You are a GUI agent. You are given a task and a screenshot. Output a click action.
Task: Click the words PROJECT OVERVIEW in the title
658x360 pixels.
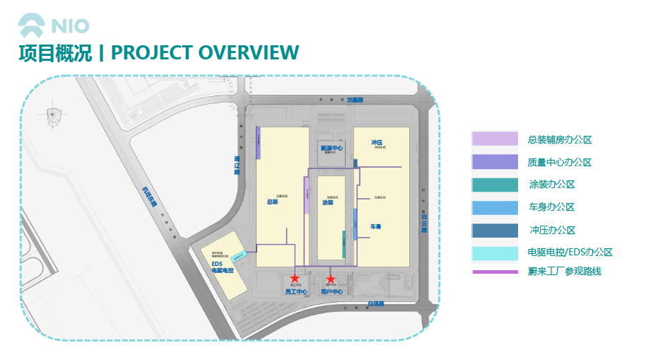[x=205, y=53]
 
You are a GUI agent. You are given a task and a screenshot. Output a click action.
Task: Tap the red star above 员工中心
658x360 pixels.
[x=295, y=279]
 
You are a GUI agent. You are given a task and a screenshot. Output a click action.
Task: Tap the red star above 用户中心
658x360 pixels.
[x=330, y=279]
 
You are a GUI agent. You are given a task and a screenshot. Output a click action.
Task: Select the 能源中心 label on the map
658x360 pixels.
[x=331, y=149]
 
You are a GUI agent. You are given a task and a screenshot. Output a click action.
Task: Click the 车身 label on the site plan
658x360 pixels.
[x=376, y=227]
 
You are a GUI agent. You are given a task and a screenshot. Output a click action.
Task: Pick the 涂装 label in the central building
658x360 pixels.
[x=327, y=203]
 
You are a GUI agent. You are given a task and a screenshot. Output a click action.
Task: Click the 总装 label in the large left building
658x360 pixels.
[x=272, y=202]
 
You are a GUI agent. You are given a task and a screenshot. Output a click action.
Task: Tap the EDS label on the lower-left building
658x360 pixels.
[x=217, y=264]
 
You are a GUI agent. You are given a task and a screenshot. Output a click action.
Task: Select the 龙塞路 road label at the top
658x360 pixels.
[x=355, y=101]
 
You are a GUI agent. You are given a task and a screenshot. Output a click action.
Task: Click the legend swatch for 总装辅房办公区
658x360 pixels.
[x=495, y=139]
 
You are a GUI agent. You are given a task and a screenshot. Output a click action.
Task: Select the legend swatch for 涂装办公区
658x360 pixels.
[x=495, y=185]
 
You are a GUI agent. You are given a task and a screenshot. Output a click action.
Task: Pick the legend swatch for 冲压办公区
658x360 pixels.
[x=495, y=230]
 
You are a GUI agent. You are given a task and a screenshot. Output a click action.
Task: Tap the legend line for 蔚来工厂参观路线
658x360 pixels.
[x=495, y=272]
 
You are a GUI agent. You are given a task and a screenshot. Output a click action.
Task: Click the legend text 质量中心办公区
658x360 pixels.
[x=559, y=162]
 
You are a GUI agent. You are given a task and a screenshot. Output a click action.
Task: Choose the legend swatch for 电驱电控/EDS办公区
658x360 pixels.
[x=495, y=252]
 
